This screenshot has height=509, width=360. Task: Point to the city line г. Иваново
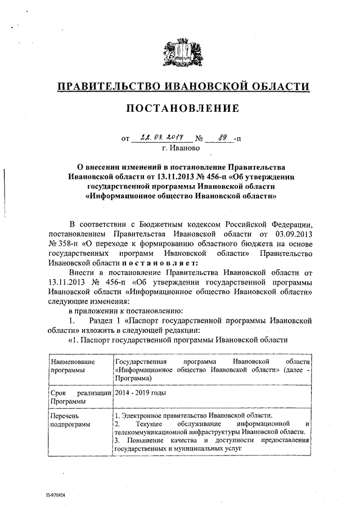click(x=180, y=147)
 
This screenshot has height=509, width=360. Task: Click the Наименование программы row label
click(x=72, y=366)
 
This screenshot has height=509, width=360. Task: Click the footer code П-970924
click(x=56, y=496)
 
